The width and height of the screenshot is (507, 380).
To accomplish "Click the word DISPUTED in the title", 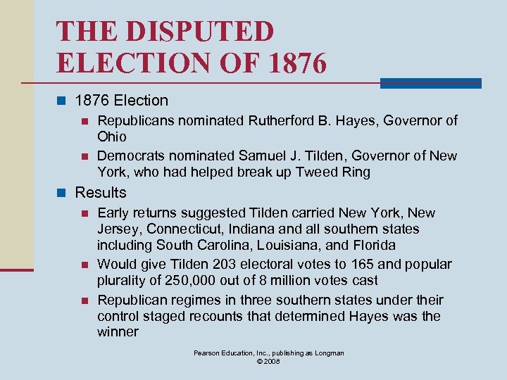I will (x=203, y=31).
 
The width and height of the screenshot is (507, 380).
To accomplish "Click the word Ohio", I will (x=112, y=136).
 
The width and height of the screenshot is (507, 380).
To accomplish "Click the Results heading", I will (x=101, y=192).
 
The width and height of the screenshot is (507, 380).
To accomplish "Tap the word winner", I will (x=118, y=331).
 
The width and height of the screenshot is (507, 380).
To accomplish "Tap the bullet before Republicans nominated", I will (x=84, y=121).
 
